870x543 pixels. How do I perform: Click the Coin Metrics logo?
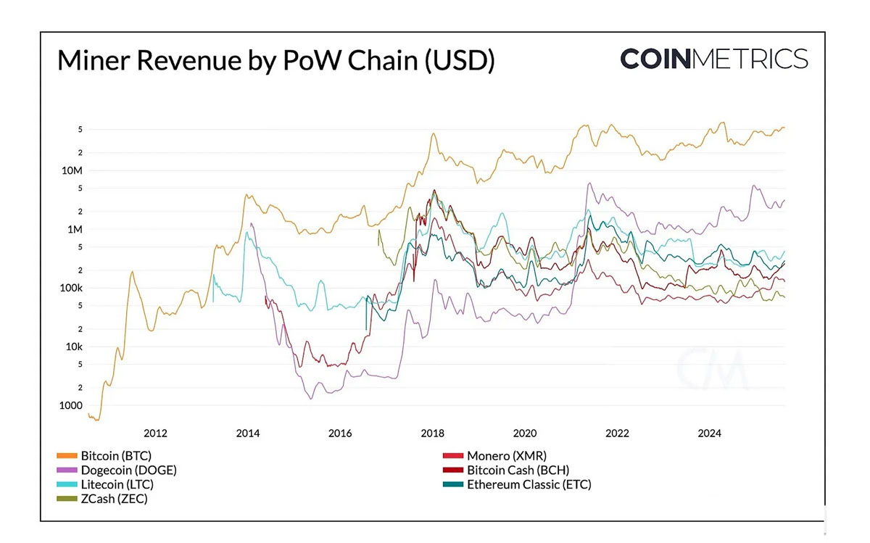[x=713, y=59]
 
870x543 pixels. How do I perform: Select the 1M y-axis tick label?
[x=75, y=230]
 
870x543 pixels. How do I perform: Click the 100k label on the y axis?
[x=71, y=289]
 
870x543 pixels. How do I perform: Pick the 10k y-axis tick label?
[x=74, y=347]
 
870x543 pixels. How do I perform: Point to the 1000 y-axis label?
[x=72, y=406]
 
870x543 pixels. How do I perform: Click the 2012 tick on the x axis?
[x=155, y=434]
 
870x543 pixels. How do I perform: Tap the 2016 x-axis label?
[x=340, y=434]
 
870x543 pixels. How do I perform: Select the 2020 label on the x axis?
[x=525, y=434]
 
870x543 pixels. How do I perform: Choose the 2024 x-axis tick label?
[x=709, y=434]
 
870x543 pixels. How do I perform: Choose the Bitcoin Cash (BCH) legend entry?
[x=518, y=470]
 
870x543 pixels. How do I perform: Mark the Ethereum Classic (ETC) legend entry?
[x=529, y=484]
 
